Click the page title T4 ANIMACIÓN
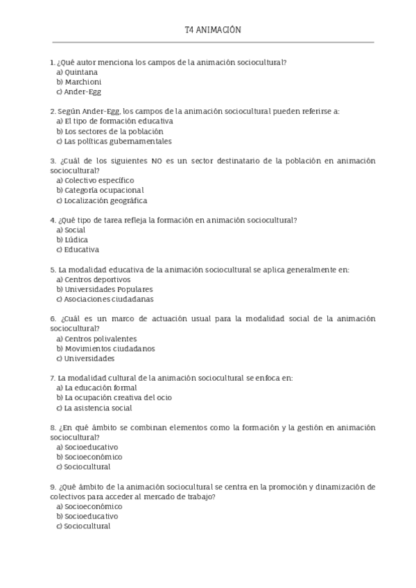212,31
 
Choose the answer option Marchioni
83,82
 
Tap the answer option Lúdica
76,239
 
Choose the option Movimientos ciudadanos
110,349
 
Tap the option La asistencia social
97,408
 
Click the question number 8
53,428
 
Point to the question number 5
53,269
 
